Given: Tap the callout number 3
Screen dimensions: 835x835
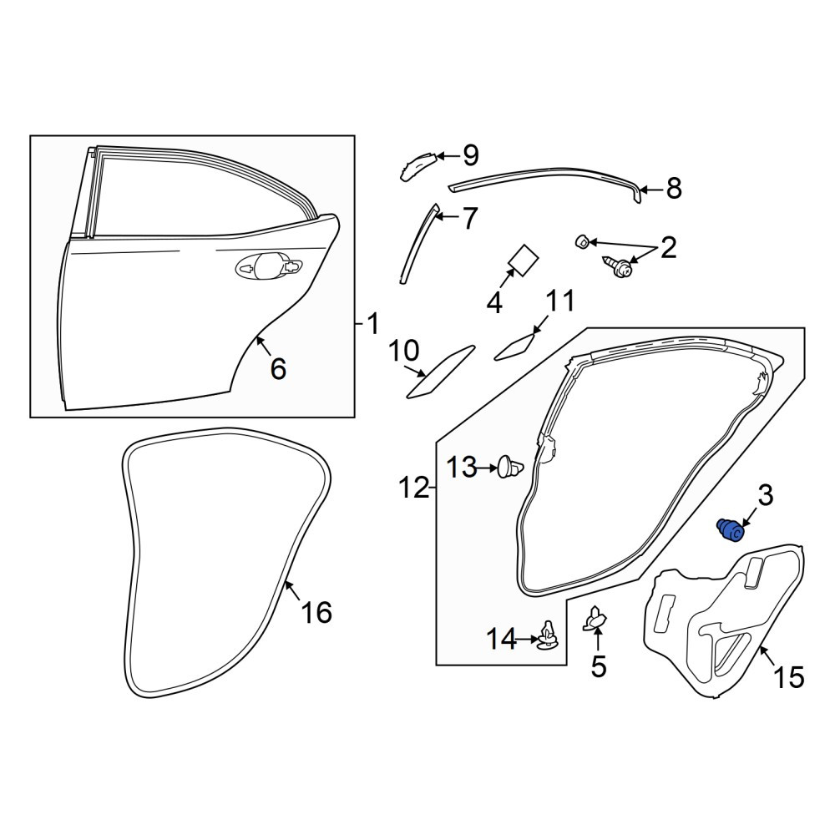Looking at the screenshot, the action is point(765,496).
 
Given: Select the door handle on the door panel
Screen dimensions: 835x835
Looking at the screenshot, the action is point(269,266).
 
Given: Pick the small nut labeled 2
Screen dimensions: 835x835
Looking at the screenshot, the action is point(583,243).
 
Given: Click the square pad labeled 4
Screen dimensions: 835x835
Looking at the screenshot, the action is point(523,260).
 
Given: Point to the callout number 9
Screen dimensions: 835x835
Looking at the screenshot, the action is point(471,155).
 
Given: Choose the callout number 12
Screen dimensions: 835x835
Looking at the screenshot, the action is point(414,488).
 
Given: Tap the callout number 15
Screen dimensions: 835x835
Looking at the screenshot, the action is point(789,677).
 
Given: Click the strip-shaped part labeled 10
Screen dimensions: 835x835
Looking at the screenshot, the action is point(439,372).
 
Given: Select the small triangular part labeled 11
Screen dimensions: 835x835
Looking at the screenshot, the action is point(515,347).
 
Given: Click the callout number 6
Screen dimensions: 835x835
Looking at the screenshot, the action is point(279,368).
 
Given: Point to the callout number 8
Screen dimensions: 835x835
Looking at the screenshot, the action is point(674,188).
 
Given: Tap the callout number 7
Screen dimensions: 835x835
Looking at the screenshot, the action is point(469,218).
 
